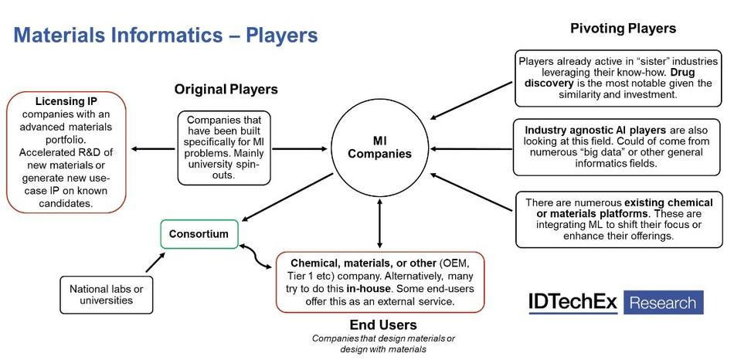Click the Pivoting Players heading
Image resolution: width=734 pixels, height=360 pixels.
623,29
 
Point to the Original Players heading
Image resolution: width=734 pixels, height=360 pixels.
226,89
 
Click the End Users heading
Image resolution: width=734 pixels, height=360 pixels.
383,324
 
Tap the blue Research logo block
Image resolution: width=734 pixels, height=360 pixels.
664,302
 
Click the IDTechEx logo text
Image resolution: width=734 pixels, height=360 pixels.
573,302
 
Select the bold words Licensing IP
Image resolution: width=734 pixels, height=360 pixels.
66,101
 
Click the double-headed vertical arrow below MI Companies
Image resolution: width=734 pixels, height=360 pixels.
379,223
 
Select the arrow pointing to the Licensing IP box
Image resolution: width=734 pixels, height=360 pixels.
153,149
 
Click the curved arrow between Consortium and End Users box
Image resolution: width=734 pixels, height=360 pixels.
255,256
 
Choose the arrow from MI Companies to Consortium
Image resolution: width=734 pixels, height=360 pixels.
287,197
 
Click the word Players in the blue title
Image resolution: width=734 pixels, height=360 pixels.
282,36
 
